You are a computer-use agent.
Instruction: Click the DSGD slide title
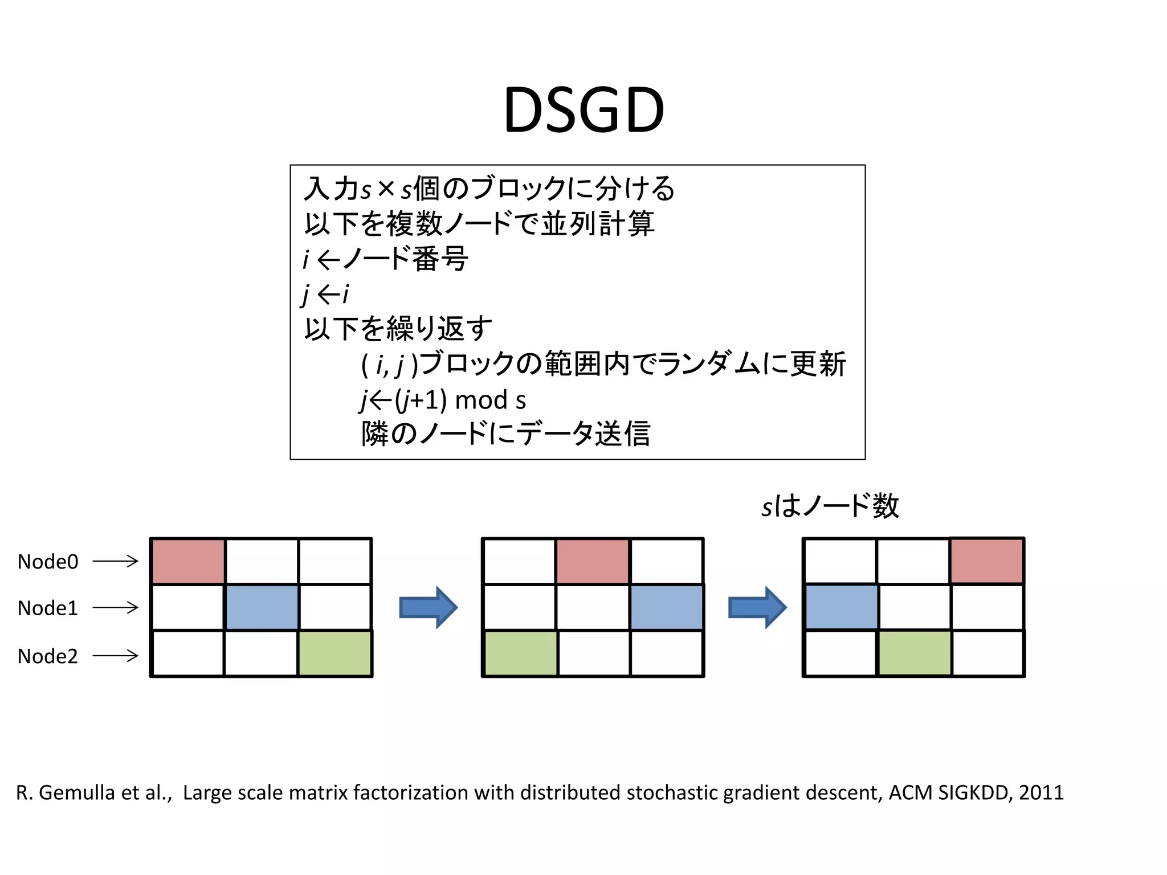coord(583,110)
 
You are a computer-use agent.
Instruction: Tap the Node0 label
coord(48,562)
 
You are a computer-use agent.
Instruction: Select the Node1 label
coord(48,608)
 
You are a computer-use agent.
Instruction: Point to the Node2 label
coord(48,656)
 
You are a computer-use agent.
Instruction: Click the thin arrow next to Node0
coord(115,562)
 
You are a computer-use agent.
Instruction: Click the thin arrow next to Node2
coord(115,656)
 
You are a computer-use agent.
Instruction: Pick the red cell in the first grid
coord(188,561)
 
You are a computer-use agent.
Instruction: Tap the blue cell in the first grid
coord(262,607)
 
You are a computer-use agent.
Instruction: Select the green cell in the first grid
coord(335,653)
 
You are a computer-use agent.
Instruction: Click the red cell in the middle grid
coord(593,561)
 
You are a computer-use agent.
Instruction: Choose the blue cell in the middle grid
coord(666,607)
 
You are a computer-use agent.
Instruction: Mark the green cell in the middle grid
coord(520,653)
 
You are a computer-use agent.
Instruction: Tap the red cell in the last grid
coord(987,561)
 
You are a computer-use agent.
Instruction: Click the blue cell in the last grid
coord(841,607)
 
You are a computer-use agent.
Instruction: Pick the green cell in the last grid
coord(915,653)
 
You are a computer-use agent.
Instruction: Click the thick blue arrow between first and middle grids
coord(429,607)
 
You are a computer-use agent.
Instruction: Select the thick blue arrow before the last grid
coord(757,607)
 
